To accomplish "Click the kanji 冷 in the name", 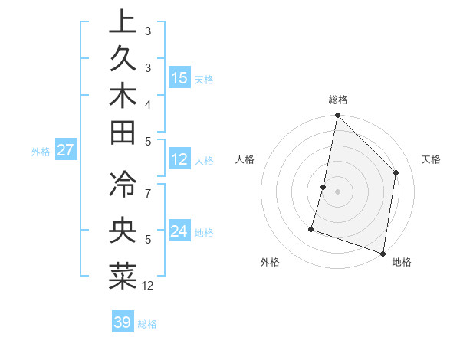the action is click(122, 184).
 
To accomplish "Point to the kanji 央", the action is click(122, 231).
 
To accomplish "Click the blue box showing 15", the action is click(179, 77).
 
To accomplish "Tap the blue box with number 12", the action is click(179, 159).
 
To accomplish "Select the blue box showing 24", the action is click(179, 231).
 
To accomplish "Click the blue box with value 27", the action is click(66, 150).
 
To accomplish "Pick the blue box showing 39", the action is click(123, 322).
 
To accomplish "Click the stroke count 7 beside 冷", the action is click(148, 191).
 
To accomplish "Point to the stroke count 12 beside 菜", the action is click(149, 286).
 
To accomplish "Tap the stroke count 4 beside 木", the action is click(148, 104).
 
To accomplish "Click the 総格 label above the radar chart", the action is click(337, 100).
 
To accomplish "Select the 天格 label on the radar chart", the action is click(431, 159).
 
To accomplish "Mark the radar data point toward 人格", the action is click(324, 187).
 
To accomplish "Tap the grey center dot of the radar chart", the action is click(337, 191).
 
